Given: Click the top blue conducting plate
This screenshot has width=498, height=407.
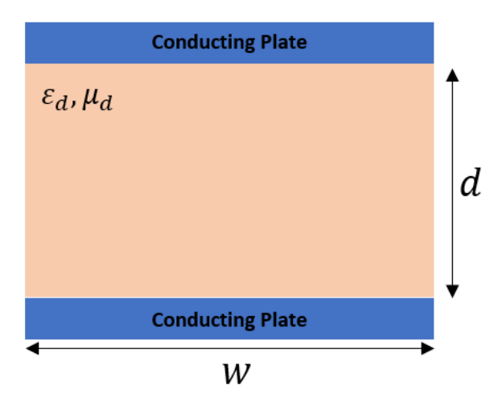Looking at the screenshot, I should point(80,43).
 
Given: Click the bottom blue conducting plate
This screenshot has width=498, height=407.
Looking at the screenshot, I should point(80,319).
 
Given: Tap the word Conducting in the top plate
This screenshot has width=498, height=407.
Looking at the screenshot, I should point(198,43).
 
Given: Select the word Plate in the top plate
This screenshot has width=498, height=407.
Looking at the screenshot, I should point(279,43).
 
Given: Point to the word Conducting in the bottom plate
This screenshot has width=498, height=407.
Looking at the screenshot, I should point(198,319).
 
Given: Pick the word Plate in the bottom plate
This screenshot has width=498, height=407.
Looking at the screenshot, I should point(279,319).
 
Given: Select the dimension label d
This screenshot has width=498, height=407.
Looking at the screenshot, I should point(470,185).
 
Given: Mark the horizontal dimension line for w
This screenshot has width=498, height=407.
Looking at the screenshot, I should point(161,348).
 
